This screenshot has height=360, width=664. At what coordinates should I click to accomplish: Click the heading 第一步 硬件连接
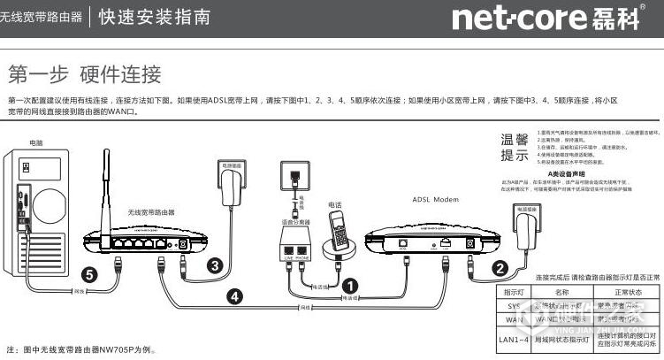click(x=84, y=73)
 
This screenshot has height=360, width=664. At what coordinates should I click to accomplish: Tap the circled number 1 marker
click(x=349, y=285)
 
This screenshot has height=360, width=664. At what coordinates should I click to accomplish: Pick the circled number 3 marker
click(x=213, y=264)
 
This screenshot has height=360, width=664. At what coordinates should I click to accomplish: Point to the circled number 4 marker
click(x=234, y=297)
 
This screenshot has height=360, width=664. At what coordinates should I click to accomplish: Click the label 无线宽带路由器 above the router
click(x=151, y=212)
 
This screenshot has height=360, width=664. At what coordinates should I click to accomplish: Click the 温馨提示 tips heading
click(x=515, y=148)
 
